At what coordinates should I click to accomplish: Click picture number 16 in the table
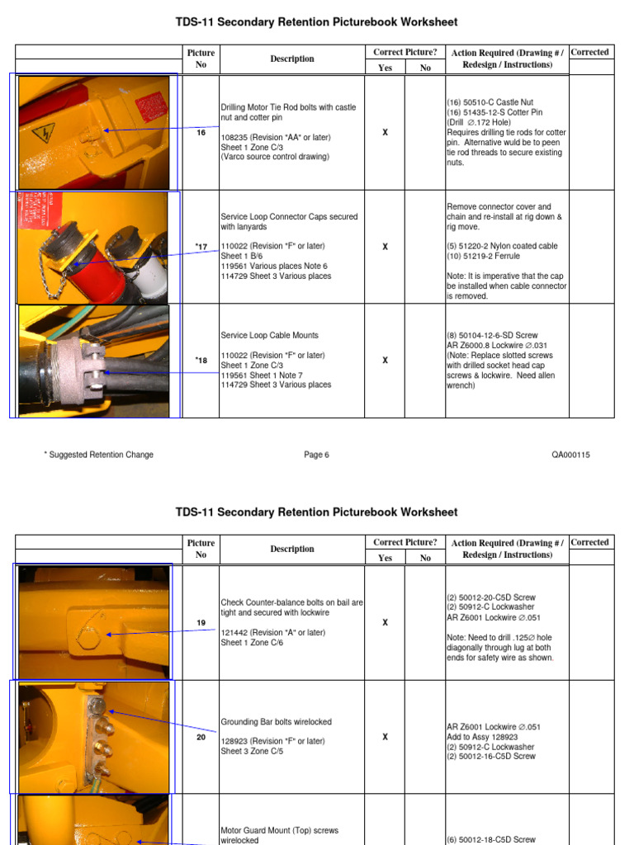coord(201,132)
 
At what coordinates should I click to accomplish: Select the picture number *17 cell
coord(201,246)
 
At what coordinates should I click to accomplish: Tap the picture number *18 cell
coord(201,361)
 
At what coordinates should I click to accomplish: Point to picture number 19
coord(201,623)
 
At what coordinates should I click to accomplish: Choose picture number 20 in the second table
coord(201,737)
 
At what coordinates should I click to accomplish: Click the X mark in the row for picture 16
coord(385,132)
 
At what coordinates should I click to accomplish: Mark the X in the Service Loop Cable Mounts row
coord(385,361)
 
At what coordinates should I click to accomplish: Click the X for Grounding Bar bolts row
coord(385,737)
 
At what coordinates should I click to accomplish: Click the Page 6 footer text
coord(316,455)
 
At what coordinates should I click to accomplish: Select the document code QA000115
coord(570,455)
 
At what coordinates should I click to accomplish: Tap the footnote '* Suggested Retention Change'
coord(98,455)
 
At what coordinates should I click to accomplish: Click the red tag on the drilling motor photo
coord(152,106)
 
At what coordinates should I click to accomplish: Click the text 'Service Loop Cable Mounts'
coord(269,336)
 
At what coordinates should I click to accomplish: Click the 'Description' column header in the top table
coord(292,59)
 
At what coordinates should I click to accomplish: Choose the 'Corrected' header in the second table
coord(589,542)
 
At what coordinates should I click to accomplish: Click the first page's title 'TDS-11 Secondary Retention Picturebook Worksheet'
coord(316,22)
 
